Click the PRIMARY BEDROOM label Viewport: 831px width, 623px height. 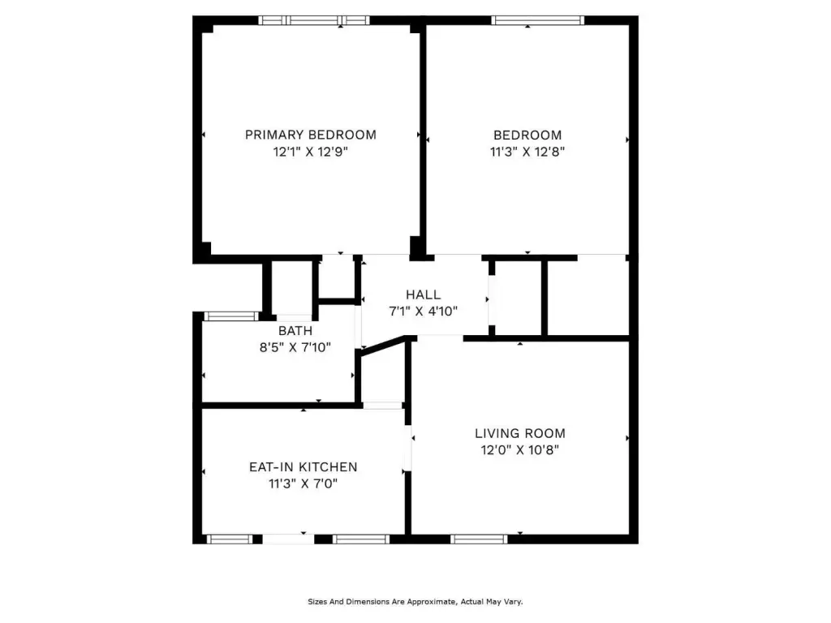click(x=311, y=135)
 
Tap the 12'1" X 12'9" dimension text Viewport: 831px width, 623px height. click(x=311, y=152)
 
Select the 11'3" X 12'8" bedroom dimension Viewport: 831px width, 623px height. click(x=527, y=152)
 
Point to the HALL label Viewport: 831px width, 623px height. click(x=423, y=294)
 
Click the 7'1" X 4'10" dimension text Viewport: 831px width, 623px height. click(x=423, y=311)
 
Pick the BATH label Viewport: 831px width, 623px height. click(x=295, y=331)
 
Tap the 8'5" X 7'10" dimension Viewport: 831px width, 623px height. click(x=295, y=347)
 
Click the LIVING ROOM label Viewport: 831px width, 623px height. click(x=520, y=433)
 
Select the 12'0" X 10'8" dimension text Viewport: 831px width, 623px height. click(x=520, y=450)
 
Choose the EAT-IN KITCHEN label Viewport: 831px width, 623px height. click(x=304, y=467)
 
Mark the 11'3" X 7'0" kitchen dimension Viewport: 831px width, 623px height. click(x=304, y=483)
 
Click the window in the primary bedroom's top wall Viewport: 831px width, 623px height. click(x=314, y=20)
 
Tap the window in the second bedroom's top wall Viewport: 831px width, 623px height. click(x=537, y=20)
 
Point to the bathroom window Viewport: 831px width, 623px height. click(x=231, y=316)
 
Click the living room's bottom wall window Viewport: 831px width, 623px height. click(x=479, y=539)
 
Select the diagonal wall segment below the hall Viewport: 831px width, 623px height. click(x=384, y=344)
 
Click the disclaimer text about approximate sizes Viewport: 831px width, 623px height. click(x=415, y=602)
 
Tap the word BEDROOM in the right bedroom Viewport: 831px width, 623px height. click(x=527, y=135)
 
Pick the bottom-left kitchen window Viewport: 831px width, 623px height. click(x=230, y=539)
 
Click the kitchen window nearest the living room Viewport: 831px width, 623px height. click(x=361, y=539)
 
